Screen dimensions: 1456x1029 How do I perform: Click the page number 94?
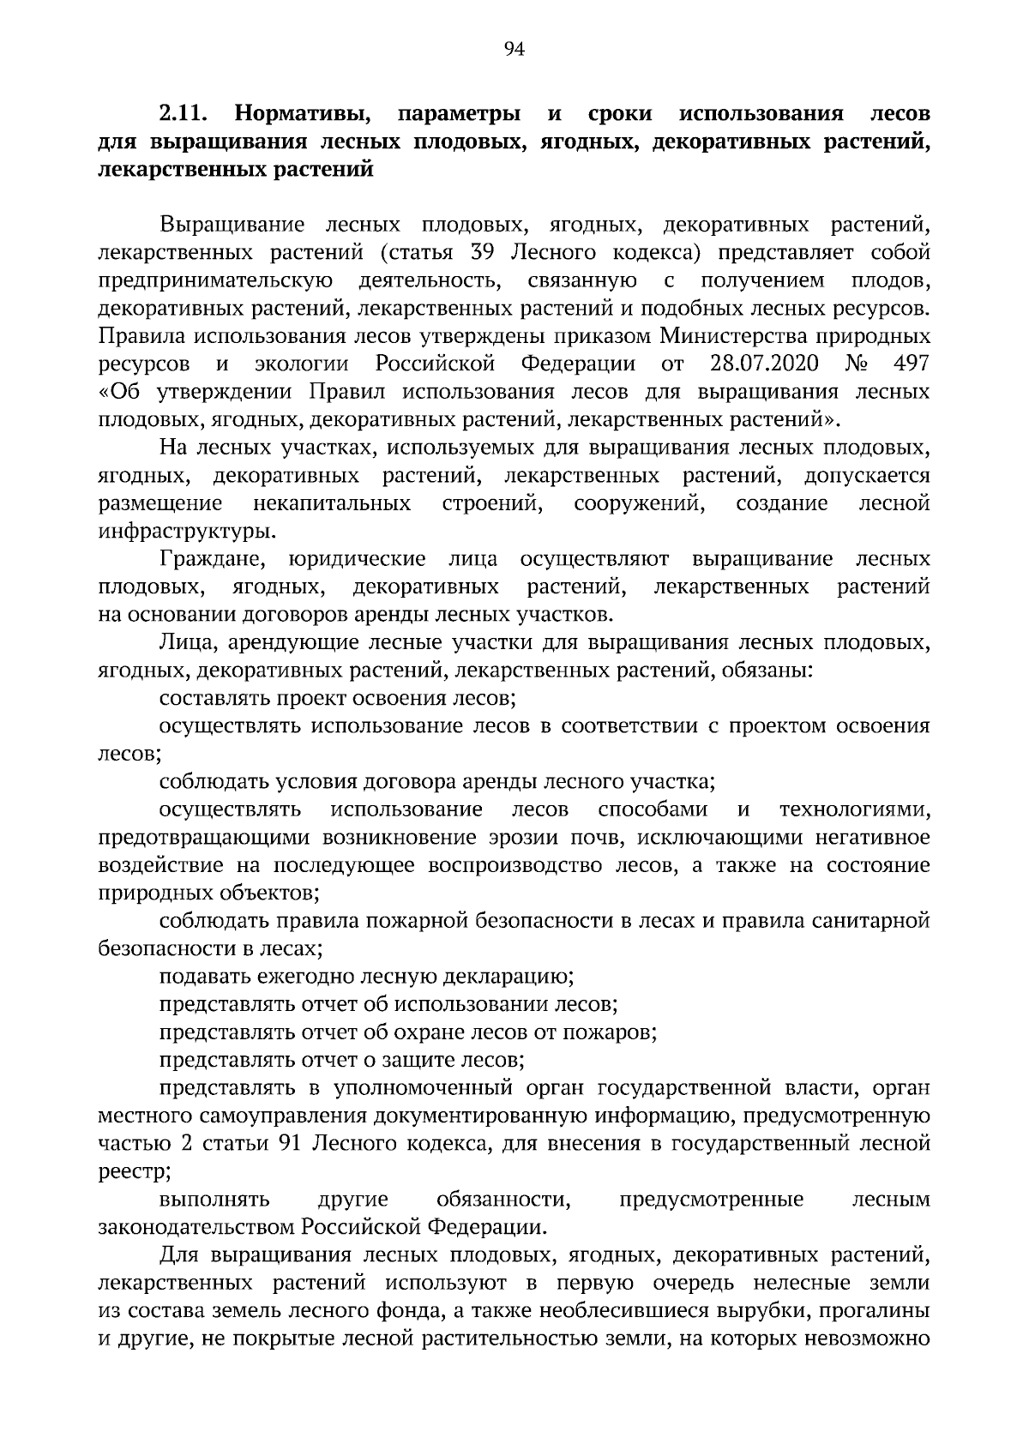tap(514, 49)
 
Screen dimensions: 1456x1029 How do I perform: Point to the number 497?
tap(911, 364)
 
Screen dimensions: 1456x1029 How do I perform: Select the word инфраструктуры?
tap(188, 531)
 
